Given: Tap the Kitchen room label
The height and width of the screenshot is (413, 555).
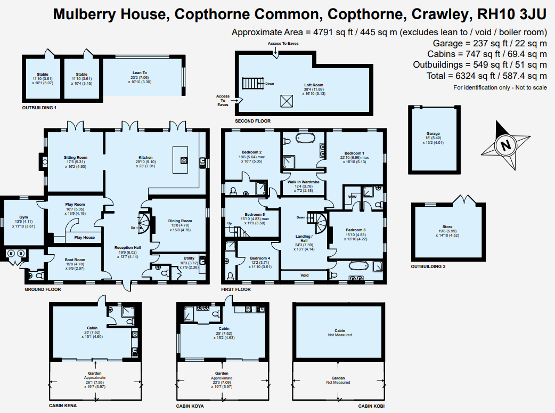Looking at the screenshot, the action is click(145, 158).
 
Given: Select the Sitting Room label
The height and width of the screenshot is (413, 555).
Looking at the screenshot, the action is click(76, 158).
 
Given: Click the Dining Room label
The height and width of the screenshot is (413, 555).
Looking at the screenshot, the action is click(180, 221).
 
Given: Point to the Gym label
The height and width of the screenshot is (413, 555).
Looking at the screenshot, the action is click(24, 217).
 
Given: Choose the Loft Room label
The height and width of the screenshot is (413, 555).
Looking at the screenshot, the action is click(314, 85).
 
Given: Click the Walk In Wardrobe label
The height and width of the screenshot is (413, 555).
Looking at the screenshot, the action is click(304, 182).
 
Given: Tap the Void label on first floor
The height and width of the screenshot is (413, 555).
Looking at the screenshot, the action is click(305, 275).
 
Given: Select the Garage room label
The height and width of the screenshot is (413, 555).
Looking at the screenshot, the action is click(433, 134).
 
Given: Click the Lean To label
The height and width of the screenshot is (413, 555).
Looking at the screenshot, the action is click(140, 73).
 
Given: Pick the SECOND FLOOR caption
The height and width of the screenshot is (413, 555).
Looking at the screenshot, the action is click(252, 121).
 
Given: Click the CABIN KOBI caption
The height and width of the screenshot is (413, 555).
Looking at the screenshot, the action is click(371, 406).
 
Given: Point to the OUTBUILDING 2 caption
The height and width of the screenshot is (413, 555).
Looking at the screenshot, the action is click(428, 266).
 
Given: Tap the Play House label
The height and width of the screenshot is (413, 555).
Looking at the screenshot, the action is click(85, 238).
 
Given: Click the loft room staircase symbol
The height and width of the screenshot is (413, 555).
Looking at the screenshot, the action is click(253, 83).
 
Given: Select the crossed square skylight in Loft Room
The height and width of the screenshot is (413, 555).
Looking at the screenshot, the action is click(287, 101).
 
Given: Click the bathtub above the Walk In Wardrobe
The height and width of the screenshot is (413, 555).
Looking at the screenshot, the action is click(305, 138).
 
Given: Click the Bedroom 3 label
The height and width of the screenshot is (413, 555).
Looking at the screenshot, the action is click(356, 230).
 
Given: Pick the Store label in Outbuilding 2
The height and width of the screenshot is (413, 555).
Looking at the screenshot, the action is click(447, 226).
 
